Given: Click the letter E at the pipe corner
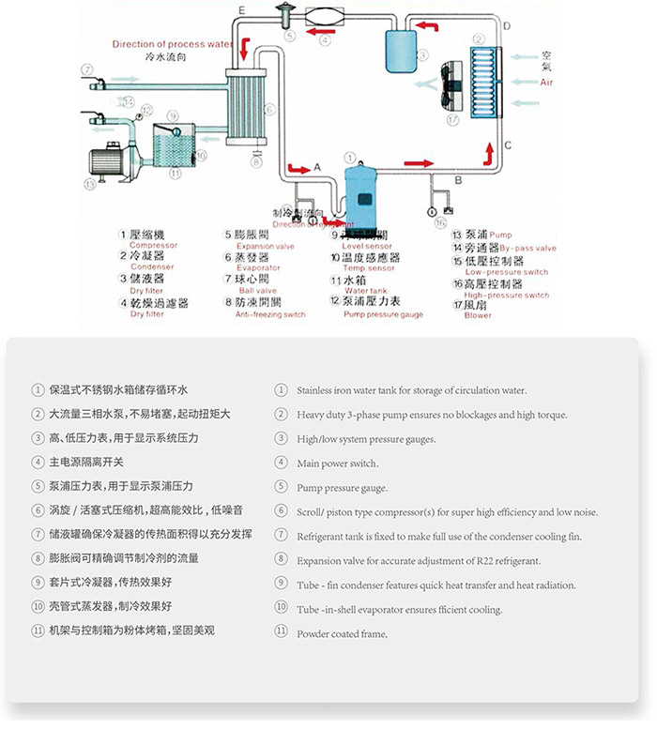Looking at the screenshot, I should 242,10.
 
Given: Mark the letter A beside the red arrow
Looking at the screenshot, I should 316,166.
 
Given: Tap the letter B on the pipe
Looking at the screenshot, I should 458,179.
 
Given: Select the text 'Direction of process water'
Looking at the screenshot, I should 172,44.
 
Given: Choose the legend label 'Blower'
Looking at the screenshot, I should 478,315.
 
